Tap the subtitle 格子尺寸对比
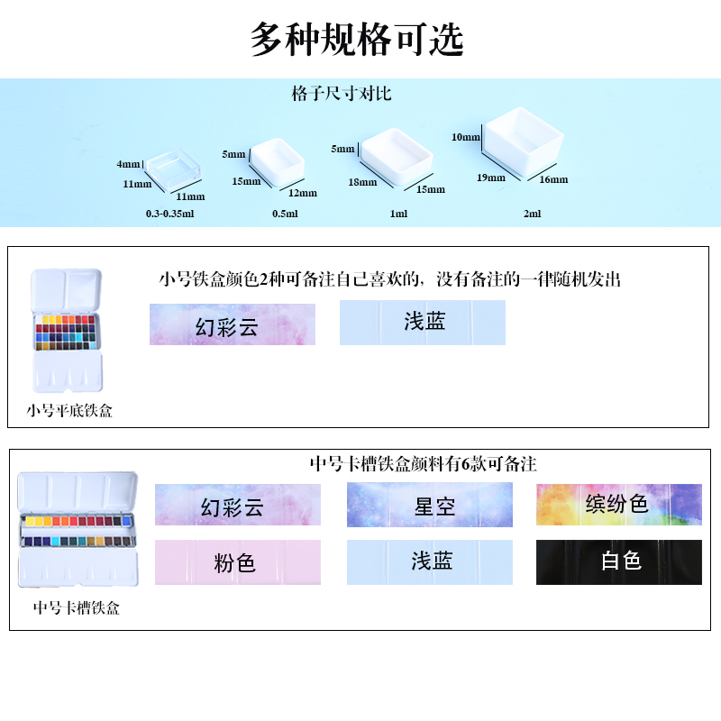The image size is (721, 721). click(x=342, y=94)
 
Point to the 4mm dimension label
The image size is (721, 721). click(x=129, y=165)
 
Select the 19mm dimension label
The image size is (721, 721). click(x=491, y=178)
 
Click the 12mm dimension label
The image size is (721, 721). click(x=303, y=192)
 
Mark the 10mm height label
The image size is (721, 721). click(x=466, y=137)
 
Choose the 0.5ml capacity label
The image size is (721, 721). click(x=285, y=214)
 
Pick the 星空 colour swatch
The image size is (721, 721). click(x=430, y=505)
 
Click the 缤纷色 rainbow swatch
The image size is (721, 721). click(x=618, y=504)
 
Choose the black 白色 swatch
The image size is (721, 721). click(x=618, y=561)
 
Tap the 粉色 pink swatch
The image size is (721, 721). click(x=238, y=562)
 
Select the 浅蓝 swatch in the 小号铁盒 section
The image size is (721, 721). click(x=423, y=323)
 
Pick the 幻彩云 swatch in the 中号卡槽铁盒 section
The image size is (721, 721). click(x=238, y=505)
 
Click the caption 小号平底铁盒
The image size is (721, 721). click(x=70, y=412)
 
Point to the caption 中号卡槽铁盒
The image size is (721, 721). click(x=77, y=608)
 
